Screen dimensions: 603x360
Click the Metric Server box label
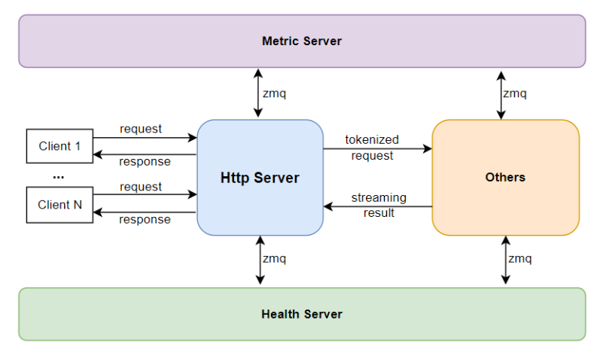(302, 41)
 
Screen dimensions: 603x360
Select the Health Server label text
(302, 314)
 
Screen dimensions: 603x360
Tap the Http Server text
(260, 178)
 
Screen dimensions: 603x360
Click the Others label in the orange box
(505, 177)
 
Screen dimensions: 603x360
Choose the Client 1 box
(59, 146)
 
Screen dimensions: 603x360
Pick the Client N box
(59, 205)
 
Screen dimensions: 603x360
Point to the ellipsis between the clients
(59, 177)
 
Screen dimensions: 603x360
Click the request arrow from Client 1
(145, 137)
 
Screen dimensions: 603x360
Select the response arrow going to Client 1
(145, 154)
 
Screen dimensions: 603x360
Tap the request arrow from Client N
(145, 194)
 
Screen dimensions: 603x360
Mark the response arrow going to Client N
(145, 212)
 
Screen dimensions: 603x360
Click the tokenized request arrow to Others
(378, 148)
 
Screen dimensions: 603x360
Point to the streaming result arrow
(378, 206)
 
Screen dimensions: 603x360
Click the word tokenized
(372, 139)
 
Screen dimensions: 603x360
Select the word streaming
(379, 197)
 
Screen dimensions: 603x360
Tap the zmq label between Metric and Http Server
(274, 93)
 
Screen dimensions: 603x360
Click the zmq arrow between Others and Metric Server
(501, 95)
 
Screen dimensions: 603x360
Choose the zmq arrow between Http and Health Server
(260, 260)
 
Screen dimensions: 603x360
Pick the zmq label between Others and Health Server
(520, 258)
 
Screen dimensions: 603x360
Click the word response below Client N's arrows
(145, 220)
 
